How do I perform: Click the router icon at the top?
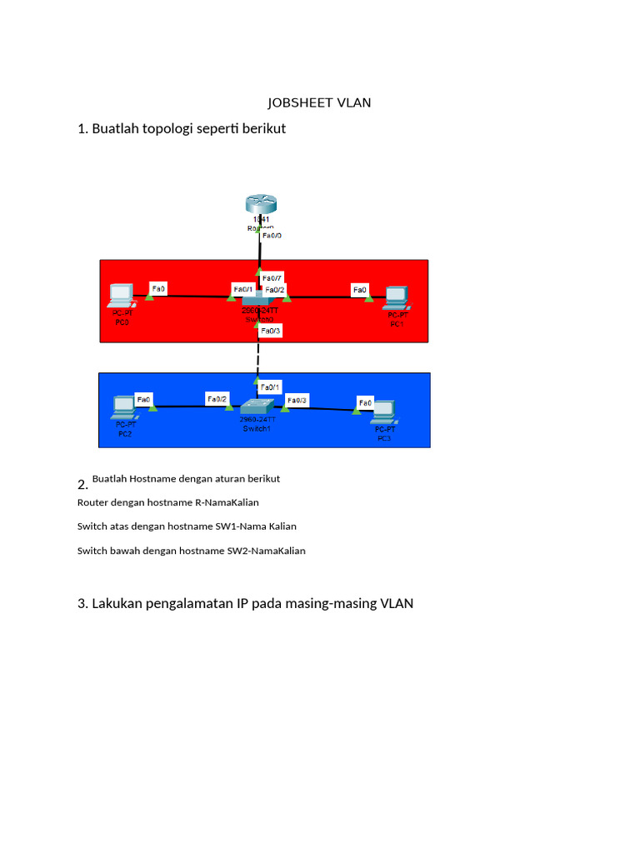pyautogui.click(x=258, y=204)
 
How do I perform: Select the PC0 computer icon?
pyautogui.click(x=122, y=296)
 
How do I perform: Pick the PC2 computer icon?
pyautogui.click(x=124, y=407)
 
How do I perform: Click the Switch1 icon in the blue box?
pyautogui.click(x=256, y=407)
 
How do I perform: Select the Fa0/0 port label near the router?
pyautogui.click(x=272, y=236)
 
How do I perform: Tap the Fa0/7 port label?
pyautogui.click(x=272, y=278)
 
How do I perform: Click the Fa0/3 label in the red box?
pyautogui.click(x=271, y=331)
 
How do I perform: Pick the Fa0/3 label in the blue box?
pyautogui.click(x=297, y=401)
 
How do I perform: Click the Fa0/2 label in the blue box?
pyautogui.click(x=217, y=399)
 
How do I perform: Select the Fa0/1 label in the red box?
pyautogui.click(x=242, y=289)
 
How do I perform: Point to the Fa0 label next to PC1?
pyautogui.click(x=360, y=290)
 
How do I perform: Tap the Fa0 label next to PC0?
pyautogui.click(x=157, y=289)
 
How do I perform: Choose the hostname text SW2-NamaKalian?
pyautogui.click(x=267, y=551)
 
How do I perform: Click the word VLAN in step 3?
pyautogui.click(x=397, y=603)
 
